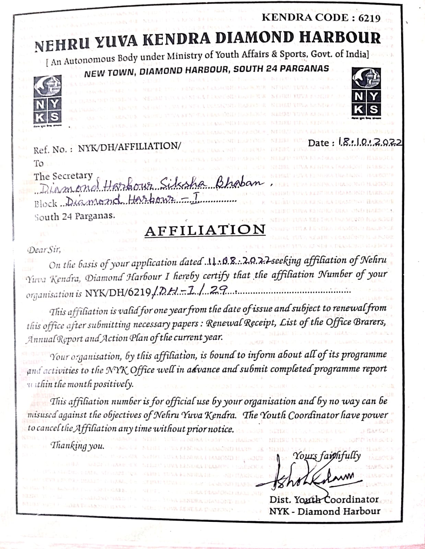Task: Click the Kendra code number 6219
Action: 368,18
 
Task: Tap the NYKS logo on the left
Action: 48,100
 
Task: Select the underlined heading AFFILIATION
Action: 205,230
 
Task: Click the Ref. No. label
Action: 53,150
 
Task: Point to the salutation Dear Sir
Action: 44,249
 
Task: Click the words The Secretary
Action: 63,176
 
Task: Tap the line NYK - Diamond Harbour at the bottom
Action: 324,511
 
